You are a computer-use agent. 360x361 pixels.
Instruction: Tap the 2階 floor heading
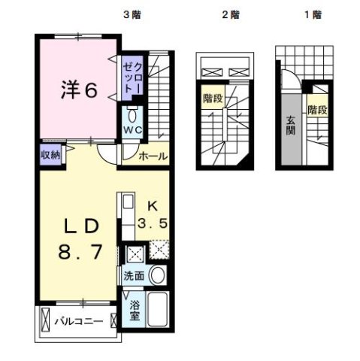coord(231,14)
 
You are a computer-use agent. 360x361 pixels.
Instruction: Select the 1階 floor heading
coord(298,14)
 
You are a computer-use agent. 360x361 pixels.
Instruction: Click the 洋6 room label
coord(79,91)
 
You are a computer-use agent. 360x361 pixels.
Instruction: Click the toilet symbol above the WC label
coord(133,116)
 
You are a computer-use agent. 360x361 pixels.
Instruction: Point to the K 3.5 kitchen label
coord(153,215)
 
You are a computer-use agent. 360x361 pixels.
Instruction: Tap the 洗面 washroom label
coord(135,275)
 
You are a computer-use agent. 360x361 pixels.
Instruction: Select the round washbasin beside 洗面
coord(158,275)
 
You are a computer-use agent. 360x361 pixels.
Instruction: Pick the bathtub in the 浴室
coord(159,308)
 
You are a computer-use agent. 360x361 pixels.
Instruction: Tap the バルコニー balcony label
coord(79,320)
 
